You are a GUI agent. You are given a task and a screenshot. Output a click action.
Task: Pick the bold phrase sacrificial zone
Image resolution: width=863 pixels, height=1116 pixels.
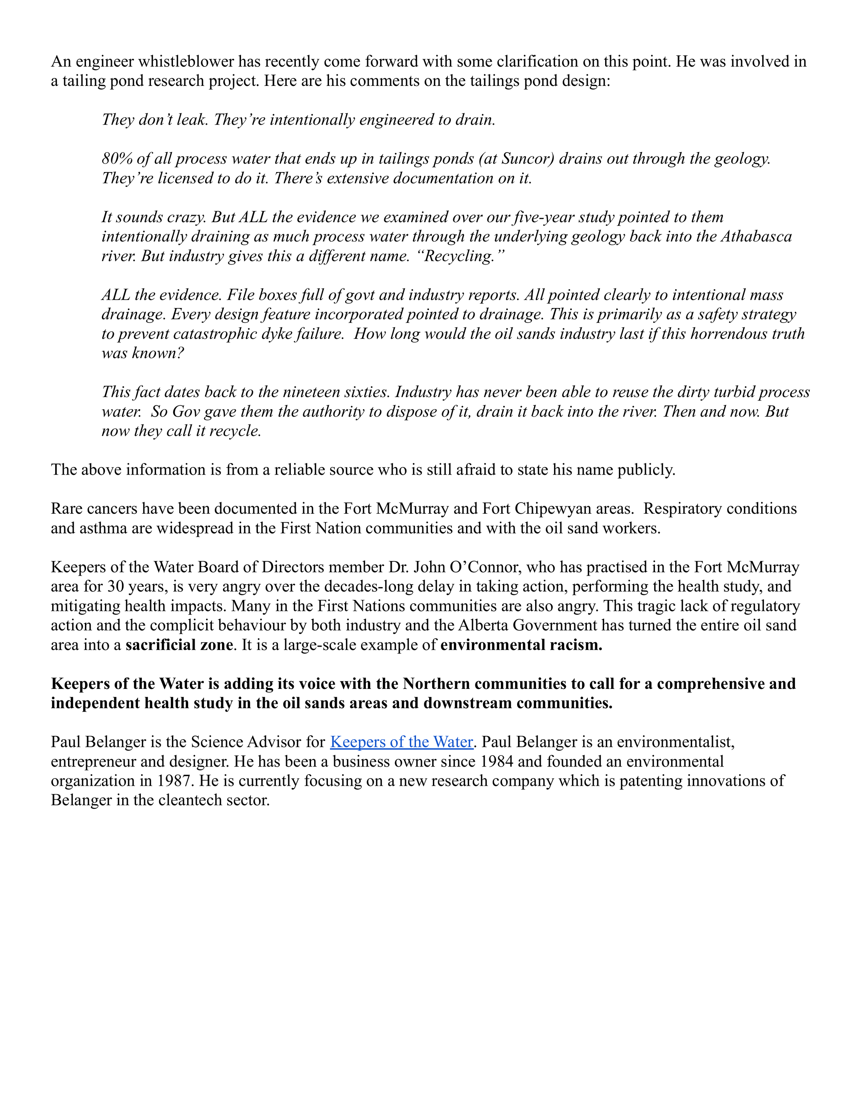tap(179, 644)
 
